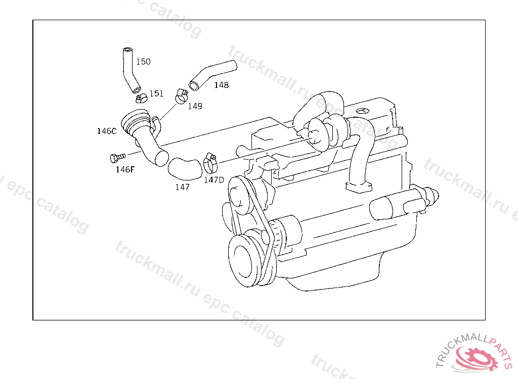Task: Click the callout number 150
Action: click(143, 62)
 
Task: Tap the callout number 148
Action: click(222, 85)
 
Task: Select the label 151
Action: click(156, 94)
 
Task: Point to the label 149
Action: click(195, 106)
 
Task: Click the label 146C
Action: click(107, 131)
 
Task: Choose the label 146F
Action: click(125, 170)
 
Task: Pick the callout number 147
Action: click(182, 187)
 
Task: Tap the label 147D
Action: click(214, 180)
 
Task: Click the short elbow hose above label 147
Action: click(185, 168)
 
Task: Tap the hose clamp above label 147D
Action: click(210, 163)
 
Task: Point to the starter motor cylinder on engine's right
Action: click(397, 205)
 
